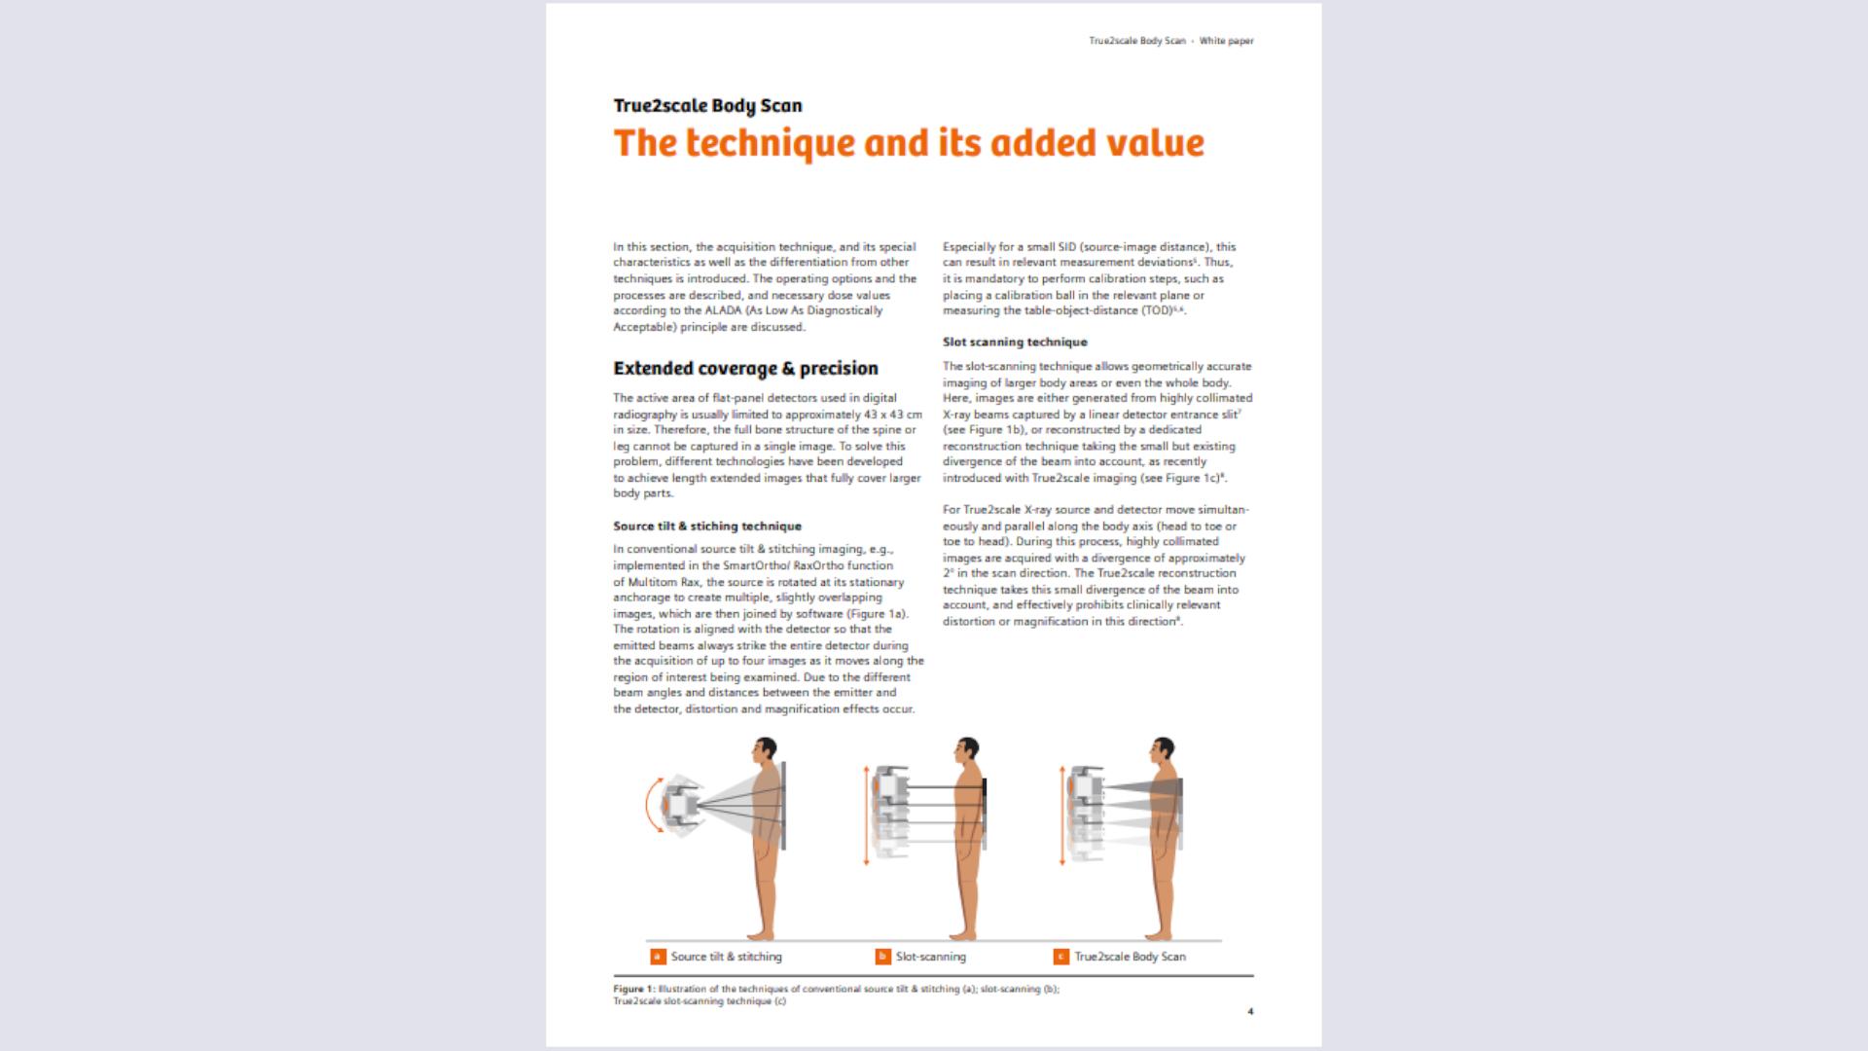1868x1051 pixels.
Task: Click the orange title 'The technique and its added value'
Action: [909, 143]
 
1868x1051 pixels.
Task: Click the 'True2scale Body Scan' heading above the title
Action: [707, 105]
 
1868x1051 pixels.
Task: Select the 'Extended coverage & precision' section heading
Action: [745, 368]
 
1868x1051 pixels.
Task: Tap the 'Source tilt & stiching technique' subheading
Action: [707, 525]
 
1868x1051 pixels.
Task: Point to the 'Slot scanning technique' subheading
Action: [1015, 342]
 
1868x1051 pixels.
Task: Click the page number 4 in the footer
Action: [1250, 1011]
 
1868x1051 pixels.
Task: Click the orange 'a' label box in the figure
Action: [658, 957]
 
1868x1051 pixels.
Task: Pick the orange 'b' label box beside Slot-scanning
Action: [882, 957]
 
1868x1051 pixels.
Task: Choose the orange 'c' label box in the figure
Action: [1061, 957]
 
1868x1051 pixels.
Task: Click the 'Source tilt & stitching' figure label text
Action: [726, 957]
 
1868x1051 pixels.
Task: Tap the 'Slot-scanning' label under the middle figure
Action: [931, 957]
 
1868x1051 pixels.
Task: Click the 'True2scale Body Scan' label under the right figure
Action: [1130, 957]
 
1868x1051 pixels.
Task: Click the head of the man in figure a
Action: [767, 752]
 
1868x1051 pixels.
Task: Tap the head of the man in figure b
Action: [967, 752]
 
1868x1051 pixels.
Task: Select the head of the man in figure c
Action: [1163, 752]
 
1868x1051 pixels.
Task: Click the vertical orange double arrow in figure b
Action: [866, 815]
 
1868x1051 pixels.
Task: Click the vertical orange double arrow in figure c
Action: [1060, 815]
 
